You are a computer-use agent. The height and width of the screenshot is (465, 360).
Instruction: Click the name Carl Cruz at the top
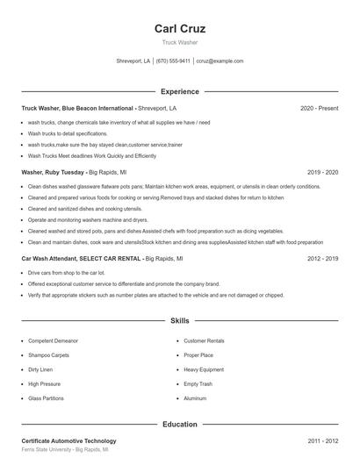coord(180,28)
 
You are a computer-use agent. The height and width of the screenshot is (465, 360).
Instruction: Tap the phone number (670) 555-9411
coord(173,61)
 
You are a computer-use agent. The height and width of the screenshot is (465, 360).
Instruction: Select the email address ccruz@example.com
coord(220,61)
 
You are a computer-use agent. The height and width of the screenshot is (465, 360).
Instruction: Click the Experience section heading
coord(180,91)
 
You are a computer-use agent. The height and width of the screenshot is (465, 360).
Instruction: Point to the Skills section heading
coord(180,321)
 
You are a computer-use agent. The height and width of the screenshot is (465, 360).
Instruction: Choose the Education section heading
coord(180,424)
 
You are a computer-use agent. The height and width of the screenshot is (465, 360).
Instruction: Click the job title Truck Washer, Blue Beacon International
coord(78,108)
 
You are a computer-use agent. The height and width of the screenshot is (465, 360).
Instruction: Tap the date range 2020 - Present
coord(319,108)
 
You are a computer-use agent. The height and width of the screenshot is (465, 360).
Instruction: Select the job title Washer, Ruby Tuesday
coord(54,173)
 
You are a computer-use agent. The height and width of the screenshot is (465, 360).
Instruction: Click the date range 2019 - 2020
coord(322,173)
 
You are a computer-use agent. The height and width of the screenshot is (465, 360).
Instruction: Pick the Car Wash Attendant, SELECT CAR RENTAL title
coord(81,259)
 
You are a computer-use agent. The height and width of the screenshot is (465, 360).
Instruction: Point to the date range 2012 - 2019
coord(322,259)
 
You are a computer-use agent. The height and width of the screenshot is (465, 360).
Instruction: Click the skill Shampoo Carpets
coord(49,354)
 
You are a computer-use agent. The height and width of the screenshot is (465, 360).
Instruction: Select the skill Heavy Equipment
coord(205,369)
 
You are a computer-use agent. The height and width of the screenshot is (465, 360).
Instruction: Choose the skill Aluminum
coord(195,398)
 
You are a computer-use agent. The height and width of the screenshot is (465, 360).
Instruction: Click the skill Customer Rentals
coord(204,340)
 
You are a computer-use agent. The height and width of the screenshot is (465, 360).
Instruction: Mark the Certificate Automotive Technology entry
coord(68,440)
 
